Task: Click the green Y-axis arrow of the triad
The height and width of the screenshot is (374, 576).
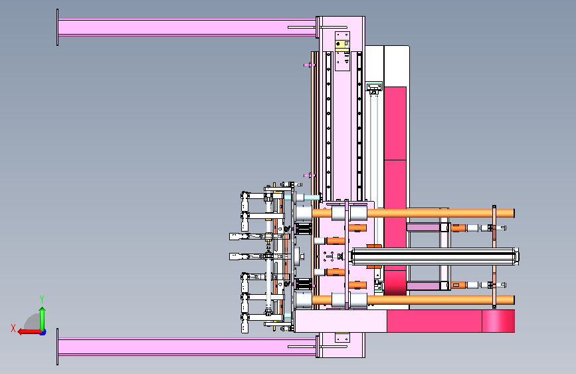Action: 43,319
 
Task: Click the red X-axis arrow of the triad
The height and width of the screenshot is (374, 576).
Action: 29,332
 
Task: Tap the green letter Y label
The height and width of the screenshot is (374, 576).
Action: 42,299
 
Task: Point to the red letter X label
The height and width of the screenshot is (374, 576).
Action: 13,328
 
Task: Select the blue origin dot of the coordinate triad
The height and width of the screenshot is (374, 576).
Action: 43,333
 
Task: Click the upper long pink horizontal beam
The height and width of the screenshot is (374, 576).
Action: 187,27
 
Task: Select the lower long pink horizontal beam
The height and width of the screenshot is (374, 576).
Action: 187,347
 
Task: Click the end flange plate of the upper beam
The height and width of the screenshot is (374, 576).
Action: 57,27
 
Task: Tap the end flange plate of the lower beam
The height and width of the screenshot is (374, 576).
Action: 57,347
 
